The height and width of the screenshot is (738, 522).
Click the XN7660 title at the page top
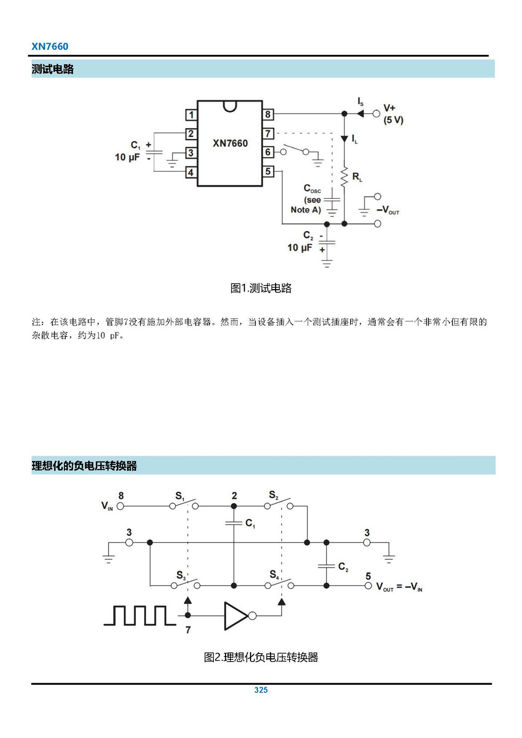coord(50,46)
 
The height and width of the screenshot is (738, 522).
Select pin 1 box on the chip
coord(191,115)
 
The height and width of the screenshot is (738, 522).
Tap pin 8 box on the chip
coord(268,114)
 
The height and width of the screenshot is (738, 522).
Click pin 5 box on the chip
coord(268,171)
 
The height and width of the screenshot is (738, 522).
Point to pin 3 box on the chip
coord(191,153)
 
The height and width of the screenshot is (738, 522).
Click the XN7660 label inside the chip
coord(230,143)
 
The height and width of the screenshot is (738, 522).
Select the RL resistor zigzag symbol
coord(344,177)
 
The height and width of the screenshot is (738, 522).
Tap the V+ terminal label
coord(389,108)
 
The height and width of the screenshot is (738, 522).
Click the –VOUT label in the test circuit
coord(387,210)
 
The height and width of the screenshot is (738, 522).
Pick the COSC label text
coord(312,188)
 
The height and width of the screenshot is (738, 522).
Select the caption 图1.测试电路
coord(261,288)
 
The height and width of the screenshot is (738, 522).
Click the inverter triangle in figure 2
coord(236,616)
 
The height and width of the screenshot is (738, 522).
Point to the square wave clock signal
coord(139,615)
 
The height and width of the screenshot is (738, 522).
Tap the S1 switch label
coord(180,496)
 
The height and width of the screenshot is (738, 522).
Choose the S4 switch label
coord(274,575)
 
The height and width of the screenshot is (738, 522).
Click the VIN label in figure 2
coord(107,506)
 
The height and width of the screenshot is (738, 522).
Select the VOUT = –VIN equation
coord(399,587)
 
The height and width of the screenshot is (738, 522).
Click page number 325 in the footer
coord(261,690)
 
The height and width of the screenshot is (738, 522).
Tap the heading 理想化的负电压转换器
coord(84,466)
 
